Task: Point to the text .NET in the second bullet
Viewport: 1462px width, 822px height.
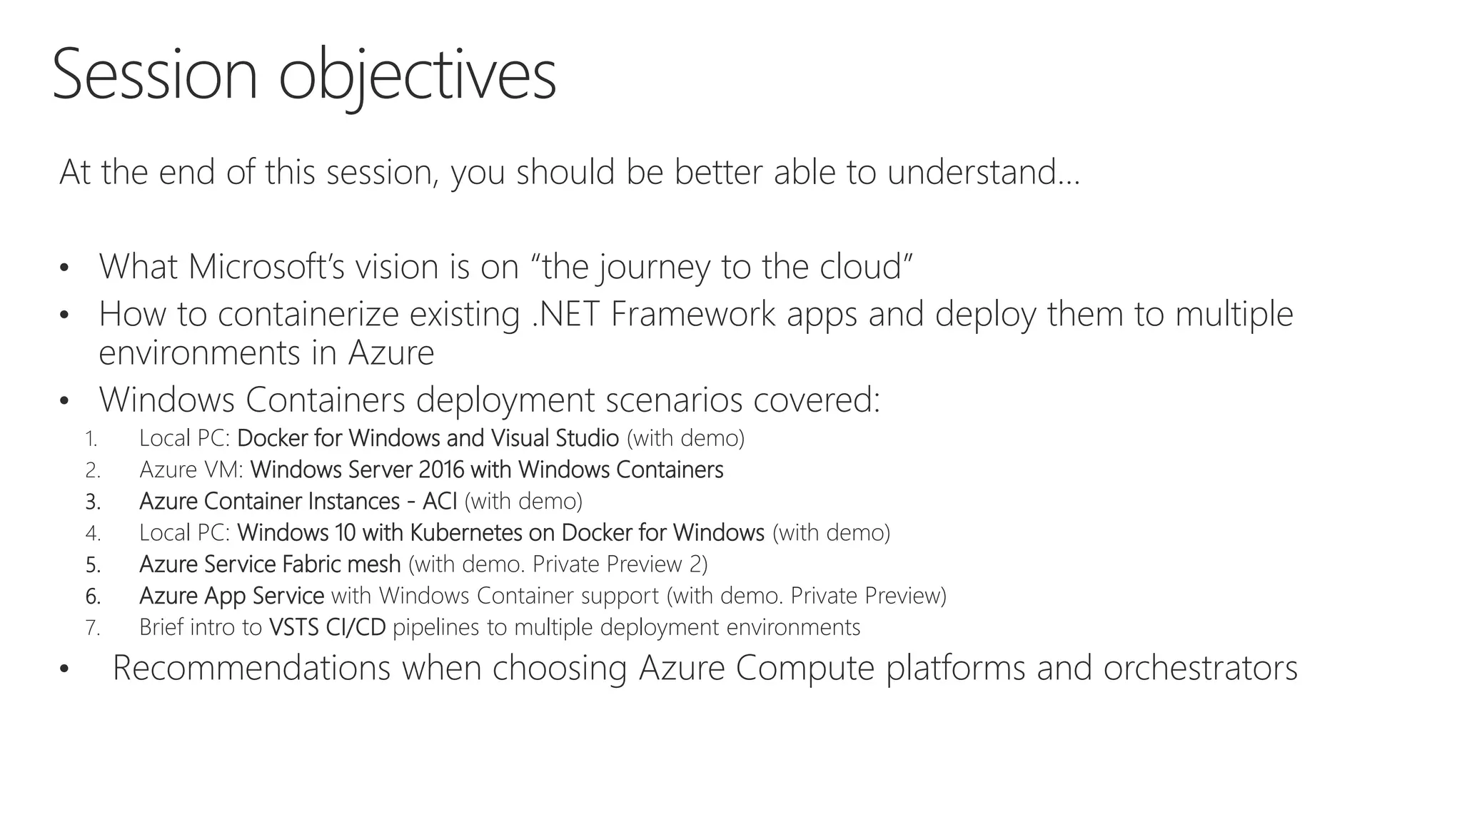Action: point(565,314)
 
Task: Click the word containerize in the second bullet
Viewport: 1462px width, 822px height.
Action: point(308,314)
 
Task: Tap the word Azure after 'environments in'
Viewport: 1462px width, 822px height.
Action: point(391,352)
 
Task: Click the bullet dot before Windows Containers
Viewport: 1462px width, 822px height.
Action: point(64,401)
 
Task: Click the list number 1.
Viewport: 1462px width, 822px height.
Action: point(91,439)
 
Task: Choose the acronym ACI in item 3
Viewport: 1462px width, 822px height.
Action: point(440,501)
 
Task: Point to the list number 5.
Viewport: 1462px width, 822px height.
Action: point(93,564)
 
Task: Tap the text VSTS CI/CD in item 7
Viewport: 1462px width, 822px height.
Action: point(327,626)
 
